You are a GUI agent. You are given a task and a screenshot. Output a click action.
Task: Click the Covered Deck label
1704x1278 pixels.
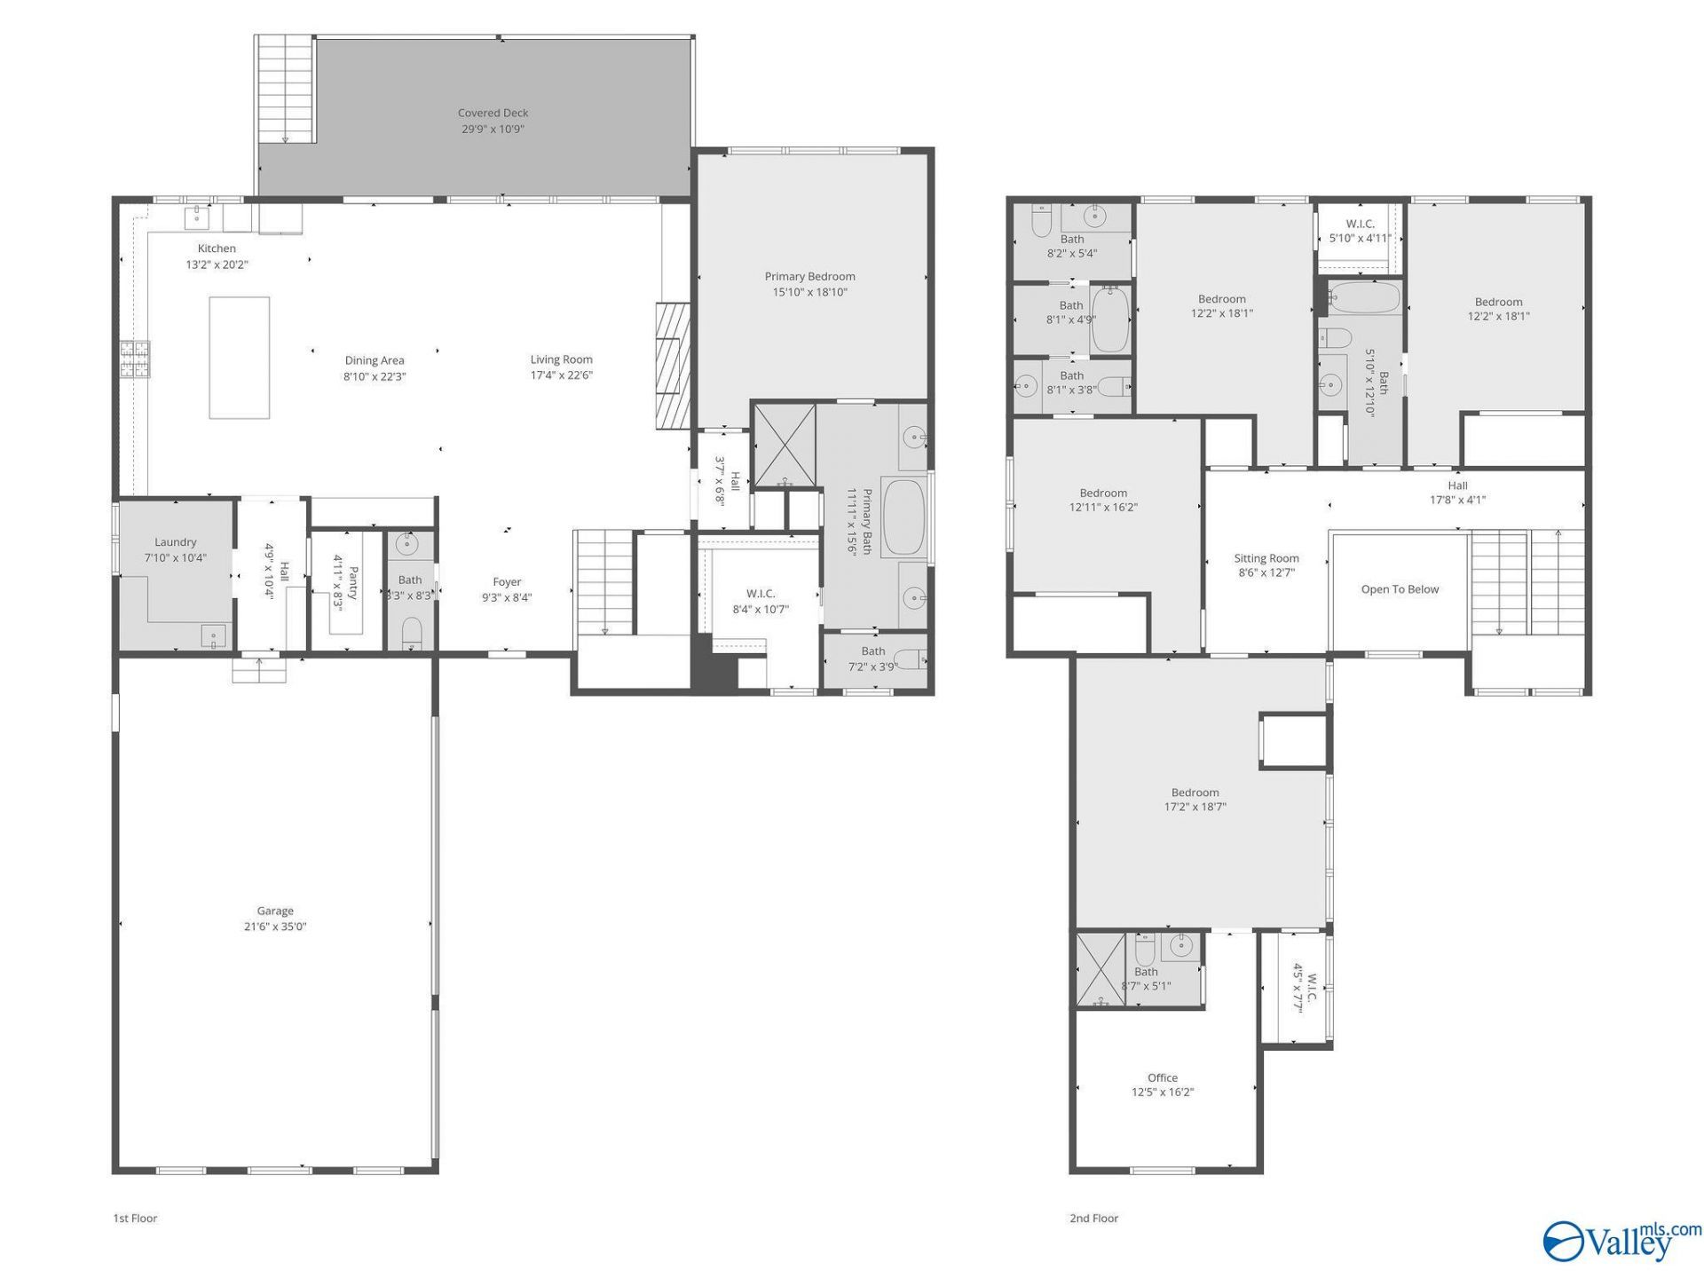click(493, 113)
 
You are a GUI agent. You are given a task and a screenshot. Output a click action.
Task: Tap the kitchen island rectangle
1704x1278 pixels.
click(240, 358)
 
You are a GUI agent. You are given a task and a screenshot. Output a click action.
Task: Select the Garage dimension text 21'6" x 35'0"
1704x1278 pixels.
click(275, 927)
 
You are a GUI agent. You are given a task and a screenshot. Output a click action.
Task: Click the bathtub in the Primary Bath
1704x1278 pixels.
click(904, 517)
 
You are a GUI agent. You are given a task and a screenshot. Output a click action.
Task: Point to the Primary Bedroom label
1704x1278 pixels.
click(809, 276)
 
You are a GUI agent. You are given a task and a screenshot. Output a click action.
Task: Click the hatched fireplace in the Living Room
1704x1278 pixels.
click(673, 366)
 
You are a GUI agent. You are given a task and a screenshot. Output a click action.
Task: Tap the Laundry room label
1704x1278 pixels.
click(175, 542)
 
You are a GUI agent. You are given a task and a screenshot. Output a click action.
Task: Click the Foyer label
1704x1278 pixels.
click(507, 582)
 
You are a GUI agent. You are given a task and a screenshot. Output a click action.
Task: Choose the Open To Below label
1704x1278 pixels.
click(1400, 589)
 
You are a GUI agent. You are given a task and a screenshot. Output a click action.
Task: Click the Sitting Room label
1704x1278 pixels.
click(1266, 558)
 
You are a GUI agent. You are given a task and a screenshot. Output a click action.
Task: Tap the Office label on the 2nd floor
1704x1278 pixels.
click(1162, 1078)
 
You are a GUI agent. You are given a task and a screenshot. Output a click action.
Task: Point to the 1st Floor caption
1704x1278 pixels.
click(135, 1218)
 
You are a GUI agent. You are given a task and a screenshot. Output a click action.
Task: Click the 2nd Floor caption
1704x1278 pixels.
click(1093, 1218)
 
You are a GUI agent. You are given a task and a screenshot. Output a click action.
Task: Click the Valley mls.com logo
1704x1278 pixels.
click(1622, 1240)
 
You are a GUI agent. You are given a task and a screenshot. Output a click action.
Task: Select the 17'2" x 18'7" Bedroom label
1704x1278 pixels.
click(1195, 793)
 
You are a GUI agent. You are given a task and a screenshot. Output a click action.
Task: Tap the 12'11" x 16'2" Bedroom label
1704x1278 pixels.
click(1103, 493)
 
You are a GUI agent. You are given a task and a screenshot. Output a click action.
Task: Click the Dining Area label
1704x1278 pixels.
click(375, 360)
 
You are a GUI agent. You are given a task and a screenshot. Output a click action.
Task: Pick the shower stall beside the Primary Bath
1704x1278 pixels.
click(784, 445)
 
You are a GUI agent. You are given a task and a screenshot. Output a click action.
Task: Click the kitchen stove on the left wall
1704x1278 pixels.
click(135, 361)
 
